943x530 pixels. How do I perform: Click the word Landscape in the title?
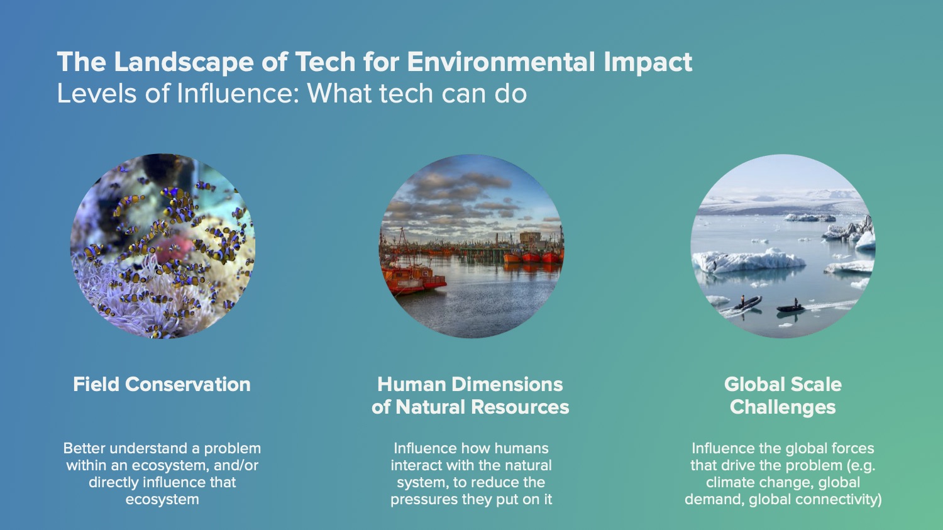pyautogui.click(x=184, y=62)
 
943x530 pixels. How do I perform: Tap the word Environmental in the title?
pyautogui.click(x=500, y=62)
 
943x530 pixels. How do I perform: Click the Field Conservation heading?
pyautogui.click(x=162, y=384)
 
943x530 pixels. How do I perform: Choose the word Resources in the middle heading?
pyautogui.click(x=519, y=407)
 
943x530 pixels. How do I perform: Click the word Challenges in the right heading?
pyautogui.click(x=783, y=407)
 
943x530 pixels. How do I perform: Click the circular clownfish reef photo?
pyautogui.click(x=162, y=246)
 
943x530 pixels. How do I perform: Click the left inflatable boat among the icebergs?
pyautogui.click(x=746, y=303)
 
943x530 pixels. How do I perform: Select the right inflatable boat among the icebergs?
pyautogui.click(x=791, y=307)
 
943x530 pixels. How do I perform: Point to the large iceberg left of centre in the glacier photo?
pyautogui.click(x=748, y=260)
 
